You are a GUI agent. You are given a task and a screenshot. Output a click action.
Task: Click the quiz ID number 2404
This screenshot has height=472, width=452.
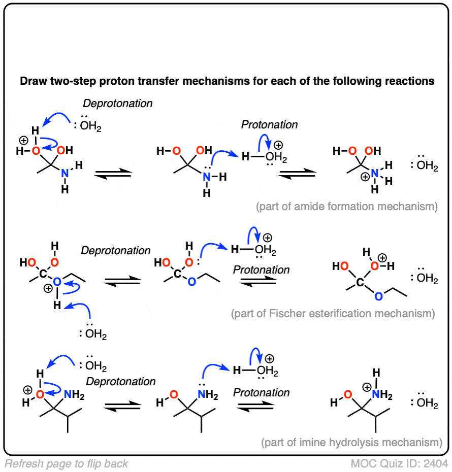click(436, 463)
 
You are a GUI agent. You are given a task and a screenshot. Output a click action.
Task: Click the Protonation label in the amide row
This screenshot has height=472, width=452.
click(270, 125)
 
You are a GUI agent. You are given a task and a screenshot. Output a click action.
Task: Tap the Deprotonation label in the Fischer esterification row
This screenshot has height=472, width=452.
click(116, 251)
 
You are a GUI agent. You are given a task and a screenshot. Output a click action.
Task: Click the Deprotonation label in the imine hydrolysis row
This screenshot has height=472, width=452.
click(120, 381)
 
